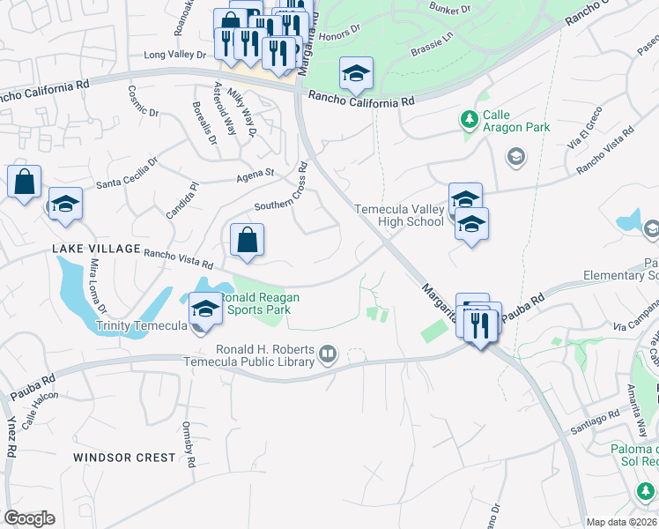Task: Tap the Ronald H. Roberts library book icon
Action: [x=328, y=354]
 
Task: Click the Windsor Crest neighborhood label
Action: [x=125, y=458]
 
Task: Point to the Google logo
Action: [x=29, y=518]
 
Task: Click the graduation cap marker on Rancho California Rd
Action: [x=356, y=76]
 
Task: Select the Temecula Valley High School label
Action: [x=399, y=215]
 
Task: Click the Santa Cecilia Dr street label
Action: [x=127, y=175]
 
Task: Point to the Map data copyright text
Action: [x=622, y=522]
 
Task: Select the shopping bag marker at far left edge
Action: [x=24, y=183]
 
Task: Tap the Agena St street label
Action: [x=255, y=175]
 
